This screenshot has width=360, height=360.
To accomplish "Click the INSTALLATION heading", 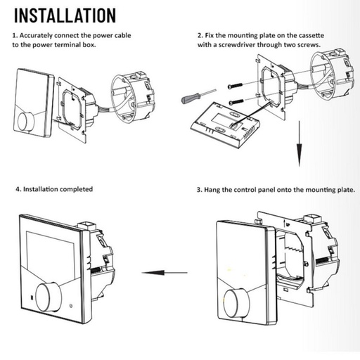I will [65, 15].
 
